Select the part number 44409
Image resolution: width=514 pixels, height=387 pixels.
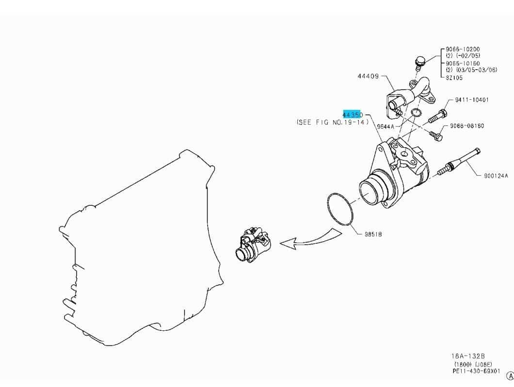point(368,77)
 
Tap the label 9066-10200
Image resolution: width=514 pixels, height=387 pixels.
point(463,49)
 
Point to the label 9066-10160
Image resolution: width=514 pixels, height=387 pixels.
point(463,63)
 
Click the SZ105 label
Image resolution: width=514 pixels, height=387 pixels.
point(454,77)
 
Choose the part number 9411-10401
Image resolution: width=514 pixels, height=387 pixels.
point(472,100)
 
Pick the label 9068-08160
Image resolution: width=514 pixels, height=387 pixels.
point(466,126)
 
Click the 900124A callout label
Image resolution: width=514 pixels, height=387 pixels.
point(495,176)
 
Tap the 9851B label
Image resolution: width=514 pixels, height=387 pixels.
point(373,234)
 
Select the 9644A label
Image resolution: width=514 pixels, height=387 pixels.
point(386,126)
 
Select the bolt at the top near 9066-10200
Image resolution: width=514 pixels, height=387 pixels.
point(420,62)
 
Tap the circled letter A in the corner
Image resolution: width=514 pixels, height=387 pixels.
point(509,376)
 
